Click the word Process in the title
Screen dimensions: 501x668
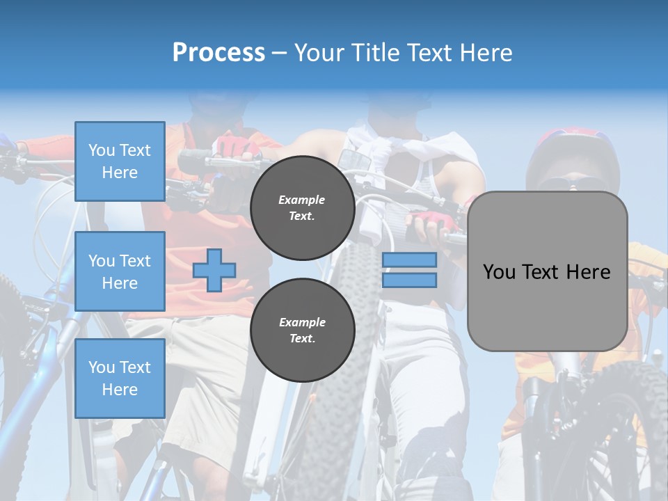point(218,53)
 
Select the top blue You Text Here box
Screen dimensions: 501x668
point(120,161)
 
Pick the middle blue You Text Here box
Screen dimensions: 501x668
point(120,271)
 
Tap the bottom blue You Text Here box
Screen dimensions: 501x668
point(120,378)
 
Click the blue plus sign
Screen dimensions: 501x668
point(214,270)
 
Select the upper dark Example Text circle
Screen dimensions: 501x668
point(302,207)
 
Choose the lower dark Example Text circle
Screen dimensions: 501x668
point(302,330)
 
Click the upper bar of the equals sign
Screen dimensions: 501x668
point(409,260)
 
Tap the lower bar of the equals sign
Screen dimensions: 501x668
point(409,280)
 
